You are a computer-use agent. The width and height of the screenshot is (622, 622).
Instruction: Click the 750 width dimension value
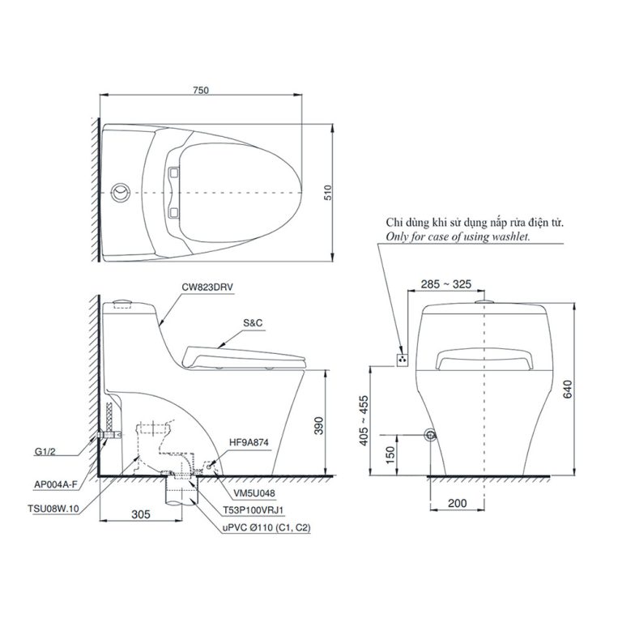coord(201,91)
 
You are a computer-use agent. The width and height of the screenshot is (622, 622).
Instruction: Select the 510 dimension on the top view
coord(328,192)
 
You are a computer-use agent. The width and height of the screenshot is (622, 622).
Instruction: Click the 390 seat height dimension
coord(318,425)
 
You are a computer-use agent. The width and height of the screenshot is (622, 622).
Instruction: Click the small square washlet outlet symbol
coord(401,357)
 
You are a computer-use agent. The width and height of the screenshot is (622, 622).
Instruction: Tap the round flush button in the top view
coord(120,194)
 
